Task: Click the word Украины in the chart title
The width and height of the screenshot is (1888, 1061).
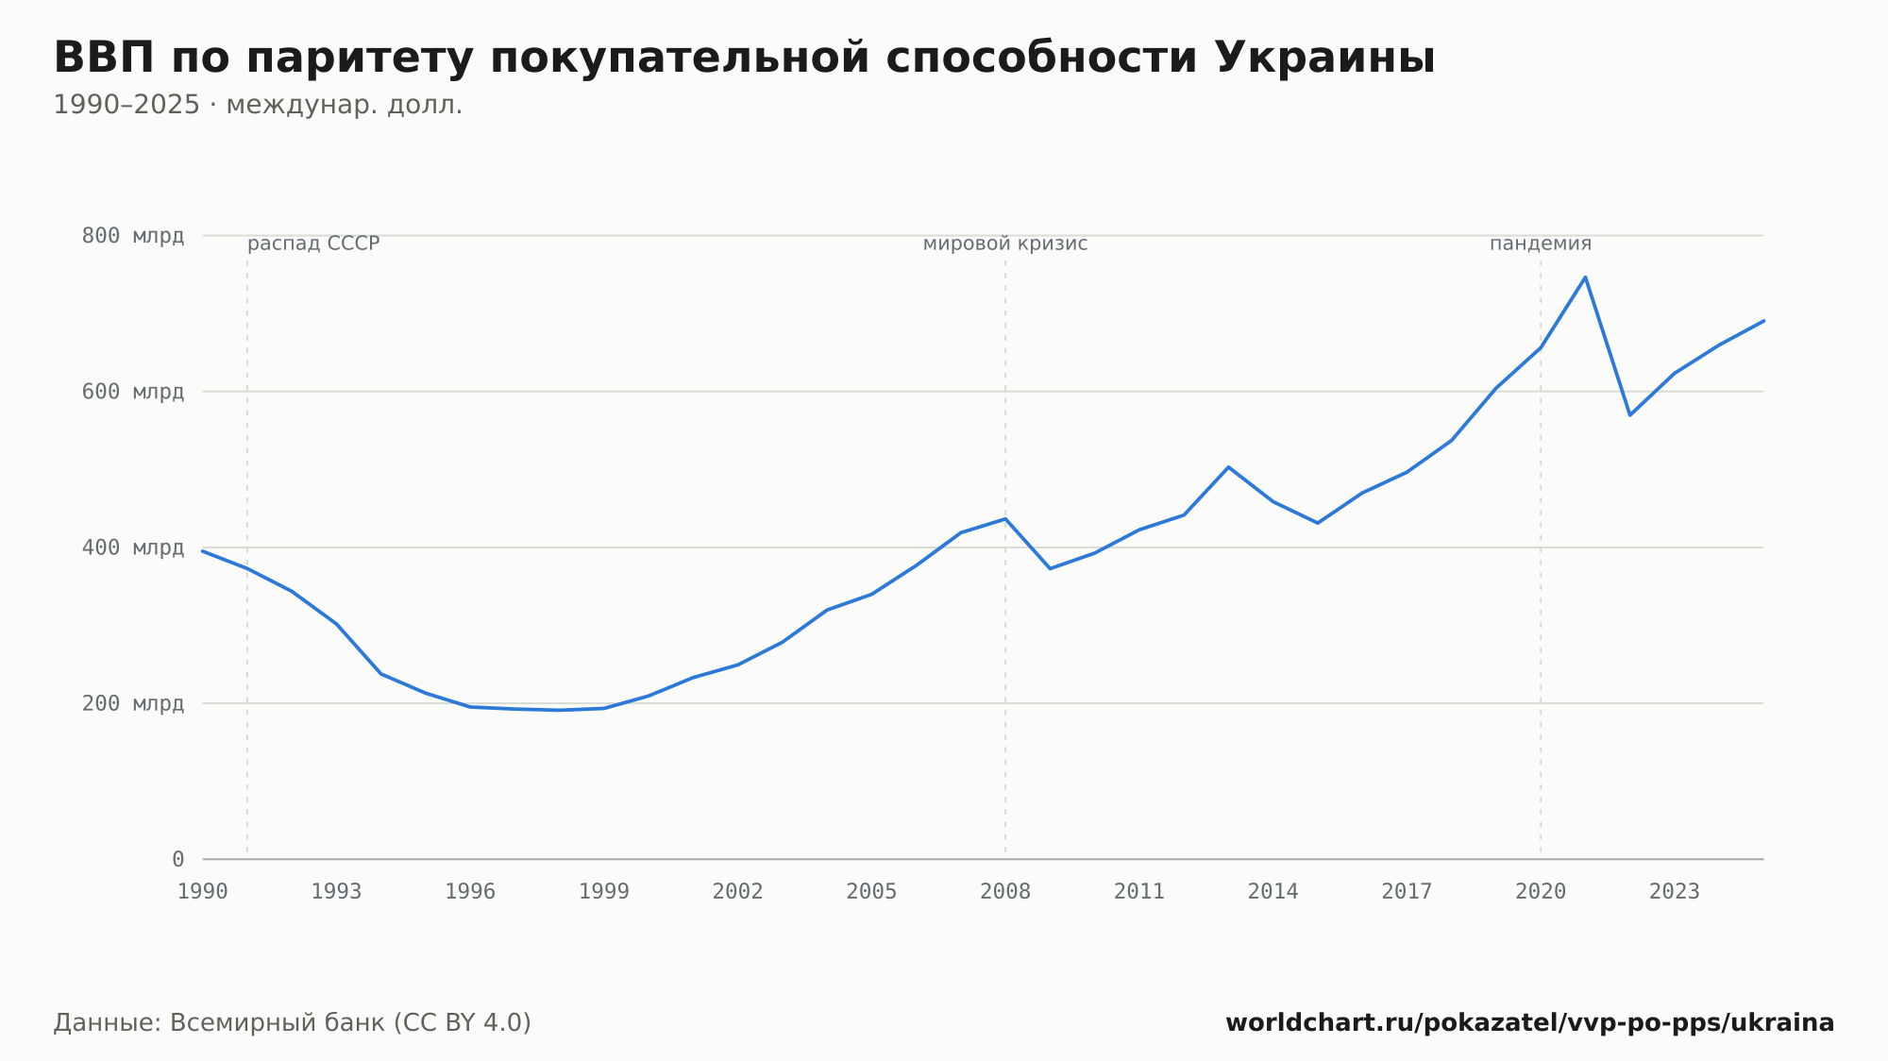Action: [1324, 59]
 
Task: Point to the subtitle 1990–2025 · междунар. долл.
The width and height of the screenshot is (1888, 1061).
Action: [258, 105]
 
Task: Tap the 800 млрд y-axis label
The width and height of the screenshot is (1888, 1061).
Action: [133, 236]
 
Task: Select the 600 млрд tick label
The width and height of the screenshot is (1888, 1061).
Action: [133, 392]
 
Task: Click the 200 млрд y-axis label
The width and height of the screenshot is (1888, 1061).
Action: [133, 703]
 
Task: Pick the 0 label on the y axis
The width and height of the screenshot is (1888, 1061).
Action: [177, 859]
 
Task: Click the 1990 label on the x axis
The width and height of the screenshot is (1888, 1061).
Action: [203, 892]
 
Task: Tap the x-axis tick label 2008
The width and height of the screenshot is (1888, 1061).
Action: [1005, 892]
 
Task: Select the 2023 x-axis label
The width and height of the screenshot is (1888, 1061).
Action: [1675, 892]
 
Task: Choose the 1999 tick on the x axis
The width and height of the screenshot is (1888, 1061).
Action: [604, 892]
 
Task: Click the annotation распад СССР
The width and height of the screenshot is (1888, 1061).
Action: [313, 244]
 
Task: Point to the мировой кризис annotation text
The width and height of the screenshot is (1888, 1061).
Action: [1005, 244]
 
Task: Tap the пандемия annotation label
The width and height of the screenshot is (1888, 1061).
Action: [1541, 244]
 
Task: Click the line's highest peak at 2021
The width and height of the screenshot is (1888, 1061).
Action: [1585, 277]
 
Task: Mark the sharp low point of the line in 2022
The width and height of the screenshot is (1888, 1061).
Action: [1629, 415]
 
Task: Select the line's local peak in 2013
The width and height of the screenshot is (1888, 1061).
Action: [1228, 466]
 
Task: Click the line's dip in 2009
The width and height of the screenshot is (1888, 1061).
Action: [1050, 568]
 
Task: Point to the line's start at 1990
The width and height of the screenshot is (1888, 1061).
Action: [203, 550]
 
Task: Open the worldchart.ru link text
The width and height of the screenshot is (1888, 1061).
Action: [1530, 1023]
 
